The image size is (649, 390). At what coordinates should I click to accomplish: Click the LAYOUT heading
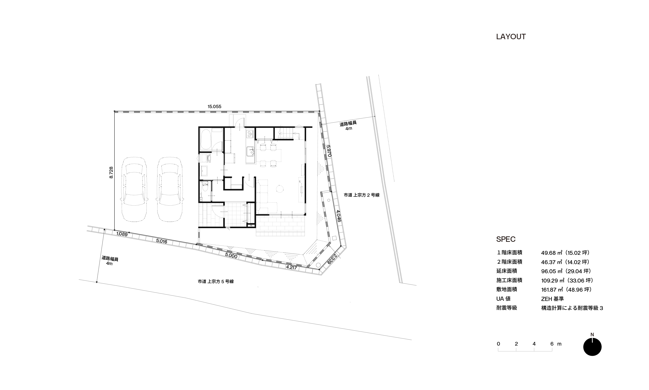[511, 37]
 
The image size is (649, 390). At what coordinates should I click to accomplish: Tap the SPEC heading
[506, 239]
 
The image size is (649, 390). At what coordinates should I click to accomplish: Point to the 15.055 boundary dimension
[214, 106]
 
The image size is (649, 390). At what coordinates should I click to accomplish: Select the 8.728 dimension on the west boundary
[111, 172]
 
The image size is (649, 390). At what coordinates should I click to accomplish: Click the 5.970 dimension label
[328, 151]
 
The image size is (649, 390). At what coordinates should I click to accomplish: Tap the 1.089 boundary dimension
[122, 234]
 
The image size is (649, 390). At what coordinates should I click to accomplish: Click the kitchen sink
[250, 152]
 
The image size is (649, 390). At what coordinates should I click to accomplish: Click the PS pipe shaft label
[251, 226]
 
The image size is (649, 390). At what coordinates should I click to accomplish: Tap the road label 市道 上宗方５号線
[216, 281]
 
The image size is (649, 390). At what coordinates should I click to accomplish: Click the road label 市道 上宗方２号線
[361, 195]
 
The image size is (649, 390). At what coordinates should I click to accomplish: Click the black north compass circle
[592, 347]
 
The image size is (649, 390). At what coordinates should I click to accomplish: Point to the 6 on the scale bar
[552, 344]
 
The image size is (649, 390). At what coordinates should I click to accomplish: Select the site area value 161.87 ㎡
[552, 290]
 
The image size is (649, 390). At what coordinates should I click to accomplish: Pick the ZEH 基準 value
[553, 299]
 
